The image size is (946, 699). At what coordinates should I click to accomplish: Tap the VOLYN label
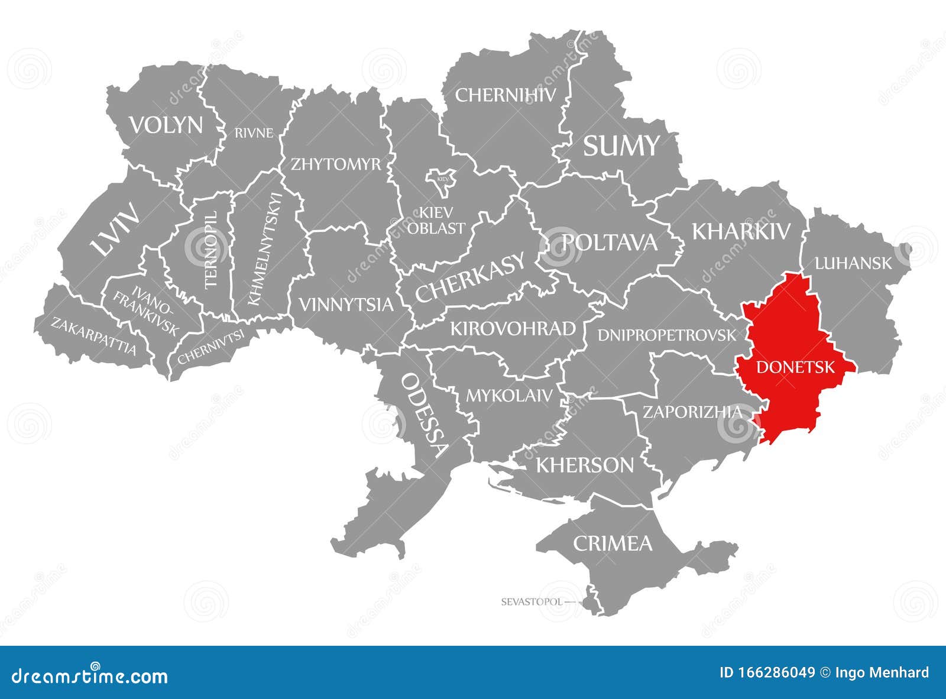pos(166,125)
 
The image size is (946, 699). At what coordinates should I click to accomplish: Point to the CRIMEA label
pos(612,543)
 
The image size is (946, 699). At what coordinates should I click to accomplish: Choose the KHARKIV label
pos(740,231)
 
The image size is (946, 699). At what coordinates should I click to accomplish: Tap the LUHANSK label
pos(853,263)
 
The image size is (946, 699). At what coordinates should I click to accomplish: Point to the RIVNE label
pos(254,133)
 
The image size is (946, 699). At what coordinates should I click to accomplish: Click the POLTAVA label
pos(609,242)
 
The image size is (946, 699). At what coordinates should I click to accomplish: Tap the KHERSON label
pos(584,465)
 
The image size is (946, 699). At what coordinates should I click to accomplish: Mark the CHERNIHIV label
pos(506,95)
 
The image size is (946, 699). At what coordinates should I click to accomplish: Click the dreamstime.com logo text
pos(90,676)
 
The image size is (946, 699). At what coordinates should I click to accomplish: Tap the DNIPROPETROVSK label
pos(667,335)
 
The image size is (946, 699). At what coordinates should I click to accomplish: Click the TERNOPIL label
pos(212,250)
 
